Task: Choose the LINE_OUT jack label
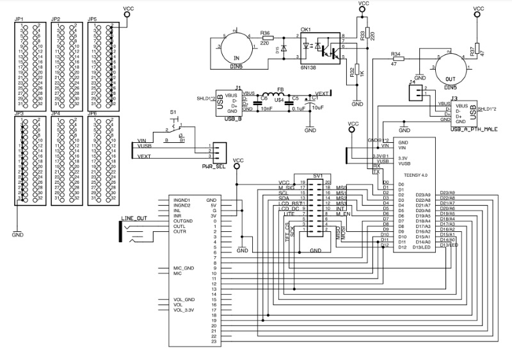coord(133,218)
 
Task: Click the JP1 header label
coord(19,20)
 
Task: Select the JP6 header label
coord(93,113)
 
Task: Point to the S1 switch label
coord(173,112)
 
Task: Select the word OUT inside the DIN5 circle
coord(451,73)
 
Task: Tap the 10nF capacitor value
coord(267,109)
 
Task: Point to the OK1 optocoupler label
coord(305,29)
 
